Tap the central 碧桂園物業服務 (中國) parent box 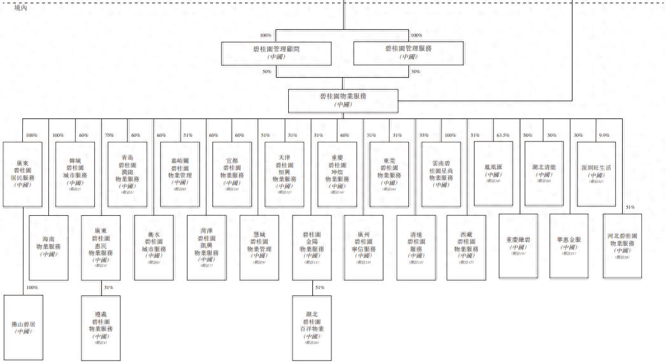(x=343, y=100)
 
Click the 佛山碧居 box (x=24, y=327)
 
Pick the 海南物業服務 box (x=49, y=246)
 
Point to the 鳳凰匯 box (x=493, y=173)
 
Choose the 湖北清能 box (x=545, y=173)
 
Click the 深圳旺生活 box (x=596, y=173)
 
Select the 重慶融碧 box (x=518, y=245)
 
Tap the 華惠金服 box (x=570, y=245)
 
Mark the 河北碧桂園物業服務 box (x=622, y=245)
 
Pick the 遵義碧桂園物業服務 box (x=101, y=327)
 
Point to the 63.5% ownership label (x=503, y=135)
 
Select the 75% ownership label (x=109, y=135)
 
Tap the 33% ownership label (x=424, y=135)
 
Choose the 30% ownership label (x=578, y=135)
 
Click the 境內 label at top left (x=21, y=8)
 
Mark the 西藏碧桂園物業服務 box (x=467, y=246)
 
